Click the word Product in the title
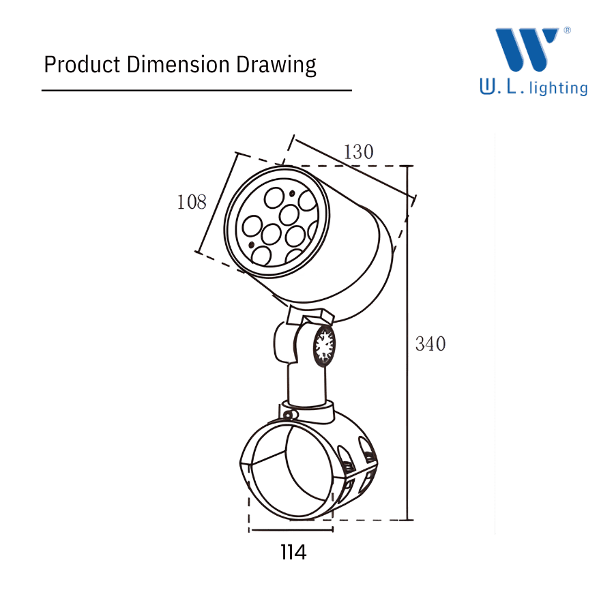pos(82,64)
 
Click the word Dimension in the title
pos(178,64)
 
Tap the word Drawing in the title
pos(276,65)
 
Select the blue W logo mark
pos(527,49)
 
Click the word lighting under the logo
pos(558,88)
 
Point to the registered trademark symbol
pos(567,30)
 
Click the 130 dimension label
pos(358,152)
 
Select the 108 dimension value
pos(192,202)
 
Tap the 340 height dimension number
pos(430,344)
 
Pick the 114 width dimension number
pos(293,553)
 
